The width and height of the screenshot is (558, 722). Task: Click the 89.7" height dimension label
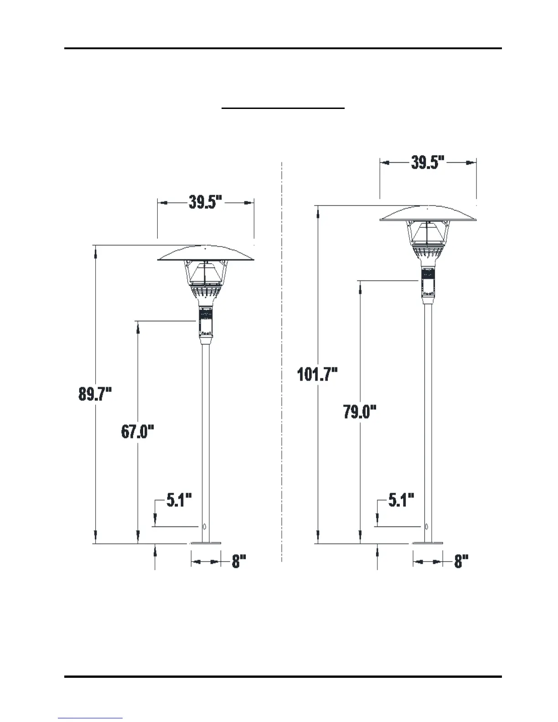pos(95,394)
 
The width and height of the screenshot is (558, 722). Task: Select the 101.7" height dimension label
pos(317,374)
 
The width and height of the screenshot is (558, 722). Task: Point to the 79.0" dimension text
pos(360,412)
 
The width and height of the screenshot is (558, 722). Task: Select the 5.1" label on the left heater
pos(179,500)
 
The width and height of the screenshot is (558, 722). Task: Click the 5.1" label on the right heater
pos(402,500)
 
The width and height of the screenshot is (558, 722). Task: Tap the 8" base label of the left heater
pos(239,561)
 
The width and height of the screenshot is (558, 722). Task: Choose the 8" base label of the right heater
pos(461,561)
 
